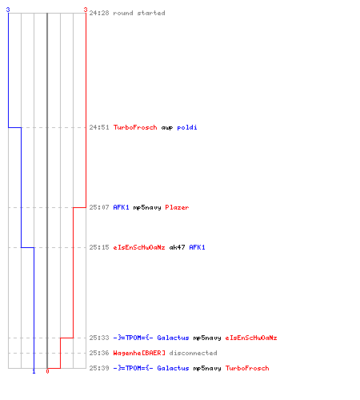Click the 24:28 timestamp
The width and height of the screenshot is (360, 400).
[99, 13]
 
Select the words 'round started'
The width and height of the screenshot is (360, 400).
[139, 13]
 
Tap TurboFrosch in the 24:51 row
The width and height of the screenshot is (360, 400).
[135, 127]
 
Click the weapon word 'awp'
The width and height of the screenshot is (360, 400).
[167, 128]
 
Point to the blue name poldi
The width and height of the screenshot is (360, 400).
[187, 127]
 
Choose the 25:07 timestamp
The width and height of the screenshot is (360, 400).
[99, 207]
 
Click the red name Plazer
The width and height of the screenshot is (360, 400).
[177, 207]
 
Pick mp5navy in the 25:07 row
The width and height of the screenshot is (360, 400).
[147, 208]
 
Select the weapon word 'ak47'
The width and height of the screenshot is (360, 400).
[177, 247]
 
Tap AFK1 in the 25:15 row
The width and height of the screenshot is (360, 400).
[197, 247]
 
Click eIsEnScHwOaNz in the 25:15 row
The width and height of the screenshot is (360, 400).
[139, 247]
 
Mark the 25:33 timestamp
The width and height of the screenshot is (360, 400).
[99, 338]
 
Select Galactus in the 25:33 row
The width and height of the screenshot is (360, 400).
[173, 338]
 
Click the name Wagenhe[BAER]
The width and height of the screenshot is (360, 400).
[139, 353]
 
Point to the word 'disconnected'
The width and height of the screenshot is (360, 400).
[193, 353]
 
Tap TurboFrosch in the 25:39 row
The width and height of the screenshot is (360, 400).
[247, 368]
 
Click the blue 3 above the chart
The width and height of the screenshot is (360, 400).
[8, 10]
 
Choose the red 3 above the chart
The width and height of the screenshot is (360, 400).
[86, 10]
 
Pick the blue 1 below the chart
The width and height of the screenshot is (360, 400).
[34, 371]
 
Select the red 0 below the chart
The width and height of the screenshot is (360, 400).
[47, 371]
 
